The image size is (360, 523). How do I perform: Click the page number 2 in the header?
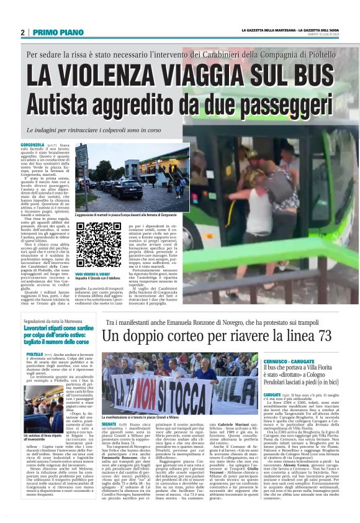(x=22, y=32)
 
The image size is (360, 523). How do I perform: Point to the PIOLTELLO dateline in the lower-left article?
(x=34, y=354)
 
